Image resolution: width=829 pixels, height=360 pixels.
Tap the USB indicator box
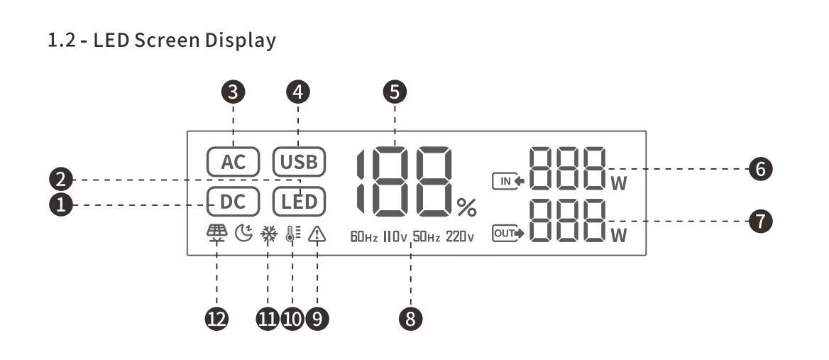click(298, 161)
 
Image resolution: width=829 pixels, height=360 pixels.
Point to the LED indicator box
click(298, 202)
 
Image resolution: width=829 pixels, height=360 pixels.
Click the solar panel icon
click(216, 233)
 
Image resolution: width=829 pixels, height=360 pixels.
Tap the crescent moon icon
click(243, 234)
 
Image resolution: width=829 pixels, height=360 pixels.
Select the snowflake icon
click(269, 234)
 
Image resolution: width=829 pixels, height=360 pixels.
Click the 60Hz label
click(364, 236)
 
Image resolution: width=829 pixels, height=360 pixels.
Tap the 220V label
click(460, 236)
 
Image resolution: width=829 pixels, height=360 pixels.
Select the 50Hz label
click(427, 236)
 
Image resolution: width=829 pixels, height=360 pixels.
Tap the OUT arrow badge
click(507, 234)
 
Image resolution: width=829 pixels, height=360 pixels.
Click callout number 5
click(395, 91)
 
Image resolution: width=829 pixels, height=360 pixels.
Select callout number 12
click(216, 319)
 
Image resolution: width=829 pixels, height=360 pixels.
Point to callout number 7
click(760, 221)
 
